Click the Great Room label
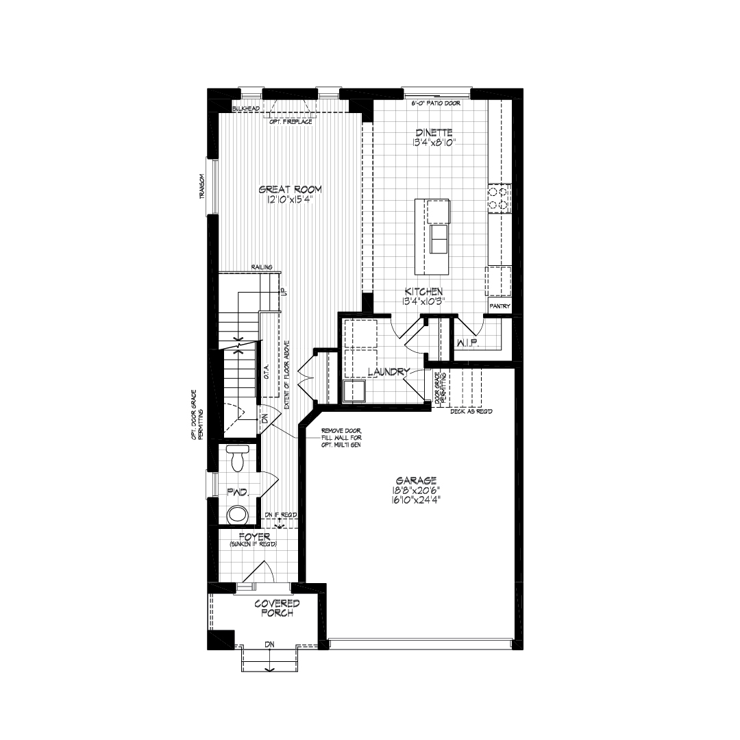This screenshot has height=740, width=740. (291, 190)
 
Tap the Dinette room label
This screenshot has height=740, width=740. (434, 133)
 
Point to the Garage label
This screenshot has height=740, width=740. (417, 480)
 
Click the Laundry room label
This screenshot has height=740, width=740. (388, 372)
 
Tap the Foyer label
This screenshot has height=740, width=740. (254, 536)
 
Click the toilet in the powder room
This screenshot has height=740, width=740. (237, 458)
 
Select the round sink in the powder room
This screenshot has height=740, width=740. (237, 515)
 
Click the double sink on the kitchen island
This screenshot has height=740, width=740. (439, 239)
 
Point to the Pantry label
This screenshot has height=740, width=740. (500, 306)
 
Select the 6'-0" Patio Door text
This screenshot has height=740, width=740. (436, 103)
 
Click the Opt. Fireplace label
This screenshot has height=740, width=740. (291, 122)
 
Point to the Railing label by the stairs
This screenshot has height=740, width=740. (262, 267)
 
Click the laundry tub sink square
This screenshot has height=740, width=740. (354, 391)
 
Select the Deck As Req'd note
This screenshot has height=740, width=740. (471, 411)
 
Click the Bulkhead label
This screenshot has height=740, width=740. (246, 108)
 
